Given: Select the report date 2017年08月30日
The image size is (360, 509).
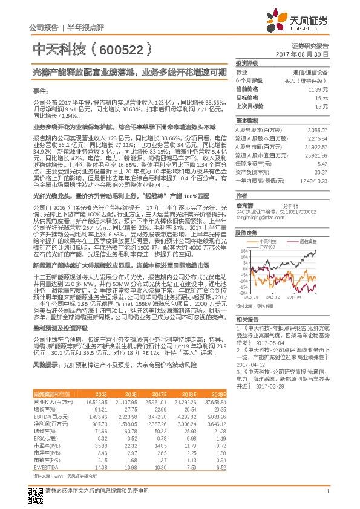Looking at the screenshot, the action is pyautogui.click(x=309, y=54).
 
